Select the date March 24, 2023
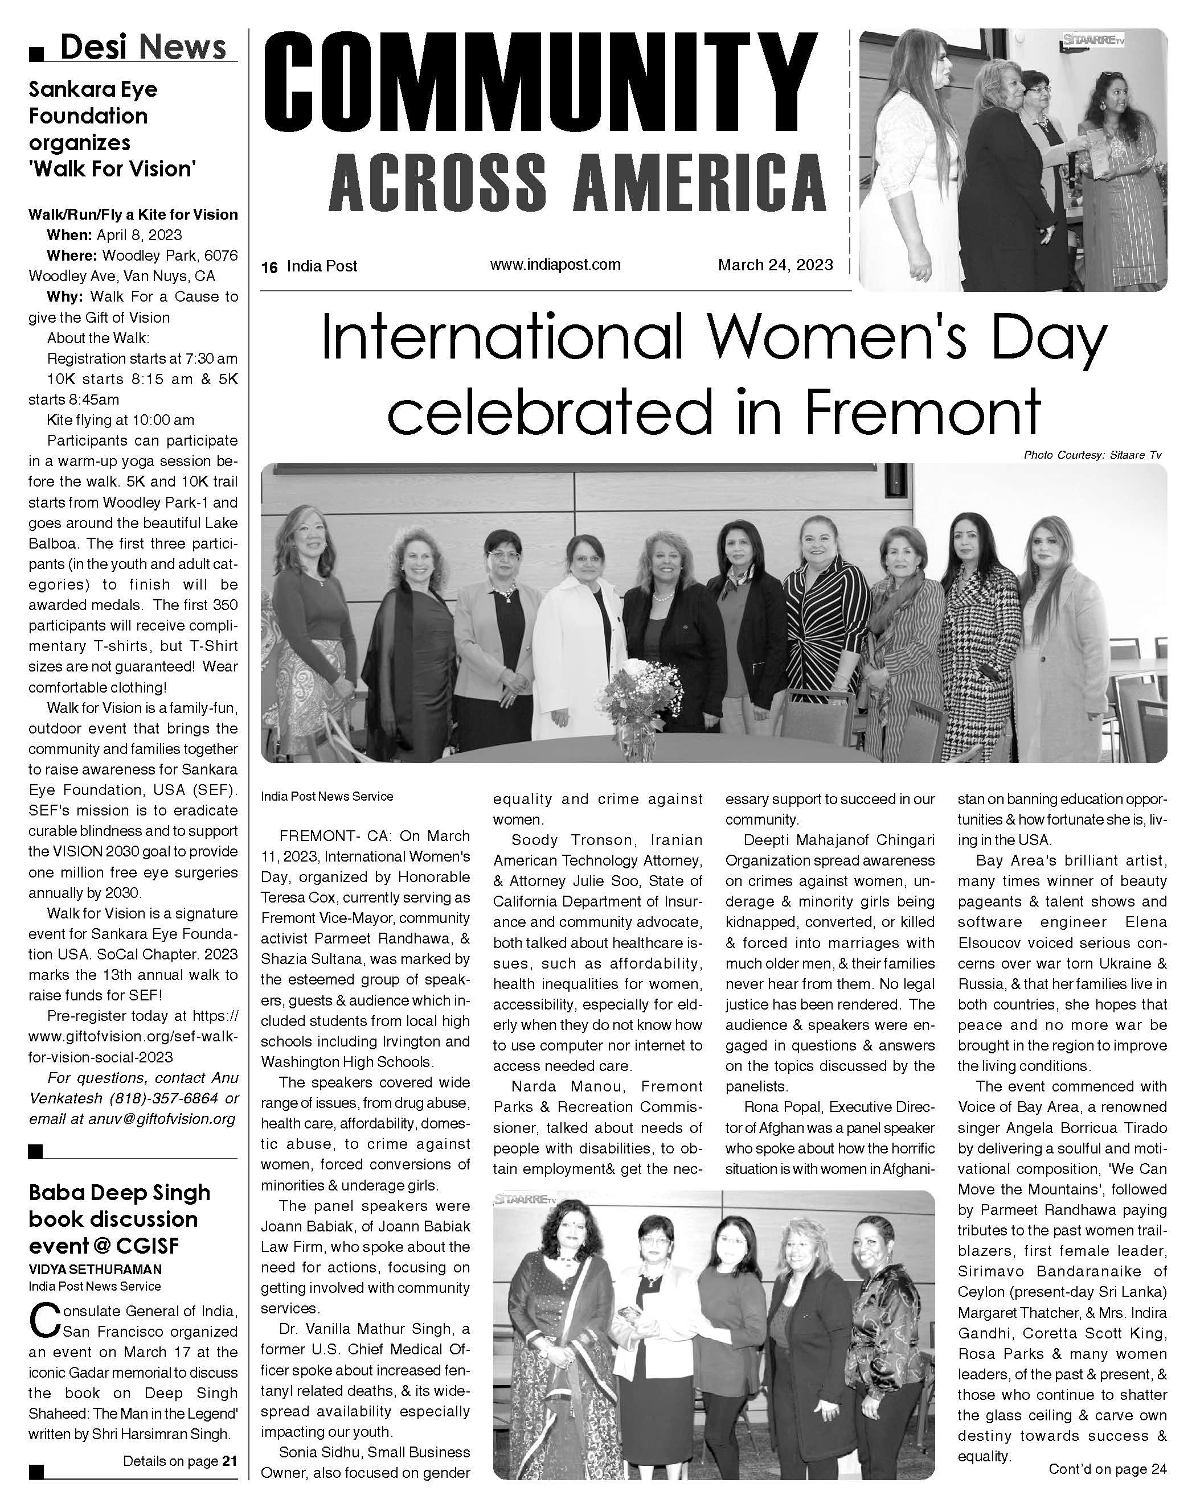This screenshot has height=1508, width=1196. coord(775,265)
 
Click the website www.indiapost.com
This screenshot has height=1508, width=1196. coord(555,265)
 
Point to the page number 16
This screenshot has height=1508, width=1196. coord(269,266)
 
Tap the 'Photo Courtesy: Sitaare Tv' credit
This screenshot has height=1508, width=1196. coord(1092,455)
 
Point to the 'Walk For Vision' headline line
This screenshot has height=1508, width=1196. coord(112,168)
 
